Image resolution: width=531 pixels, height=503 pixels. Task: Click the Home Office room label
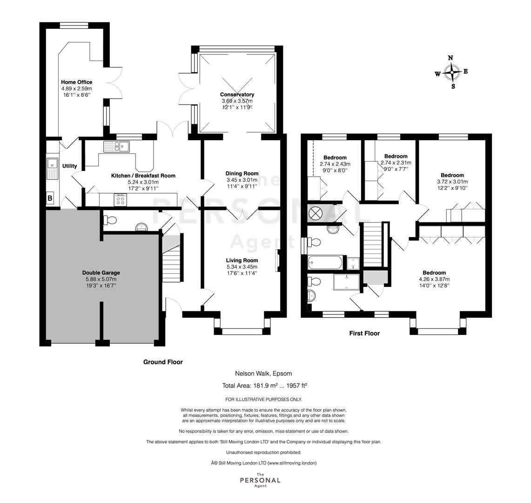pyautogui.click(x=76, y=82)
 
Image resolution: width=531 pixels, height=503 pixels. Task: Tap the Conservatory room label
pyautogui.click(x=237, y=95)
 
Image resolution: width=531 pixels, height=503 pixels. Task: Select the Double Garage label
pyautogui.click(x=101, y=273)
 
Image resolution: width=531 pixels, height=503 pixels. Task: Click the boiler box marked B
pyautogui.click(x=50, y=198)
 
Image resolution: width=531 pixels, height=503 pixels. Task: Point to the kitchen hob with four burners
pyautogui.click(x=120, y=199)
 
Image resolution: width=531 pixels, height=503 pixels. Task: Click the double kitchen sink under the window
pyautogui.click(x=116, y=146)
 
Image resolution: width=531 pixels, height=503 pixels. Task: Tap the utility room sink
pyautogui.click(x=53, y=169)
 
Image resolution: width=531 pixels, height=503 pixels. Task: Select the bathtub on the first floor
pyautogui.click(x=325, y=263)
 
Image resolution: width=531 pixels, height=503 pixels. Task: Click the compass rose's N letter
pyautogui.click(x=450, y=58)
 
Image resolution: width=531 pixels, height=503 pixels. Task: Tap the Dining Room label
pyautogui.click(x=242, y=174)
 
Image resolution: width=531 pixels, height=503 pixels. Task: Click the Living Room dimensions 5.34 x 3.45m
pyautogui.click(x=242, y=267)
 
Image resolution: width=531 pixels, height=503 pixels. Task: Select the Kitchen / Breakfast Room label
pyautogui.click(x=143, y=176)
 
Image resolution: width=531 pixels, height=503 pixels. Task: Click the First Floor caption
pyautogui.click(x=364, y=333)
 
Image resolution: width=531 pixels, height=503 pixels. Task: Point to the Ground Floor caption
pyautogui.click(x=163, y=362)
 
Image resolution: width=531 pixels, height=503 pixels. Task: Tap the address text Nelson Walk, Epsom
pyautogui.click(x=263, y=374)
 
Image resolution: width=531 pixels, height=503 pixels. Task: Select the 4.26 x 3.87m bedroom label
pyautogui.click(x=434, y=279)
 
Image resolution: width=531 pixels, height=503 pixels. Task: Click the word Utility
pyautogui.click(x=69, y=166)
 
